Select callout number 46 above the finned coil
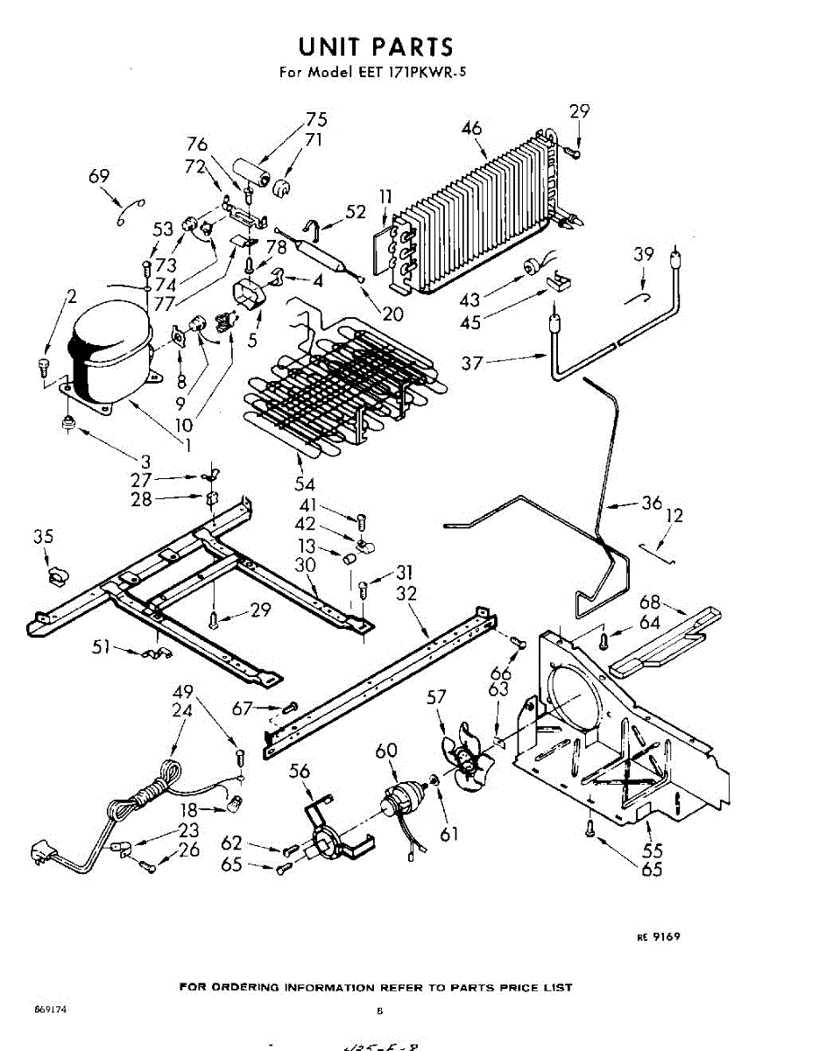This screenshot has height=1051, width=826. tap(471, 129)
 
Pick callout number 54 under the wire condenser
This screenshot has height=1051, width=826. tap(305, 483)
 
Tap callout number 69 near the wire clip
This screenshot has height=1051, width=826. tap(99, 177)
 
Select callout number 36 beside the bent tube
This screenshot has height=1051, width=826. tap(651, 504)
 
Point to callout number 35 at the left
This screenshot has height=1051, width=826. tap(44, 537)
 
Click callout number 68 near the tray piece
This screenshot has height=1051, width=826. tap(650, 603)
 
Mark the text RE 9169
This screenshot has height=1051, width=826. tap(659, 936)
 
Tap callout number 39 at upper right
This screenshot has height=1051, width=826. tap(644, 255)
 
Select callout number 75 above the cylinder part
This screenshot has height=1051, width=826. tap(316, 120)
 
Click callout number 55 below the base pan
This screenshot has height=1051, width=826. tap(652, 850)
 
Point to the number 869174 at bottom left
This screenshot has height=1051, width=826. tap(51, 1009)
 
